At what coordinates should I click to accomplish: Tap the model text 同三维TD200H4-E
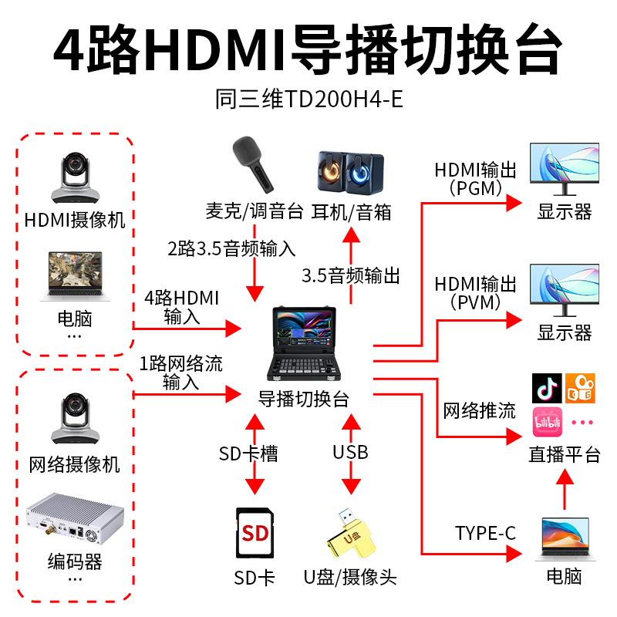coord(308,101)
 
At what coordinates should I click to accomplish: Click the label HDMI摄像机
coord(75,220)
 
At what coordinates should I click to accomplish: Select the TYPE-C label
coord(485,533)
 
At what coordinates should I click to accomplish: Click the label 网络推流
coord(479,410)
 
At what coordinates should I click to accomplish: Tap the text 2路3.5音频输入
coord(232,248)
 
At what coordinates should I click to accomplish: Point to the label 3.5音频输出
coord(351,275)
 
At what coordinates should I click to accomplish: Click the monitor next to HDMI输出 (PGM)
coord(564,169)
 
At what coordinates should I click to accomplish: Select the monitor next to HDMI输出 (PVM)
coord(564,291)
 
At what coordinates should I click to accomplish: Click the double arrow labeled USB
coord(351,455)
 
